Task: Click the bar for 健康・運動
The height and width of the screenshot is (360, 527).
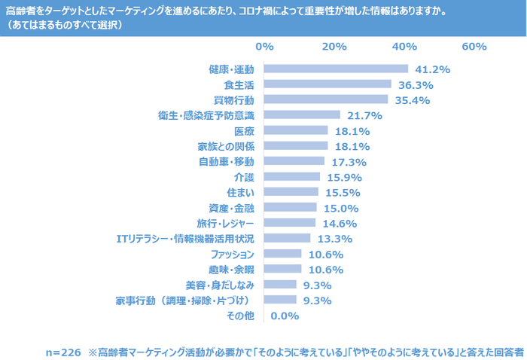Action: point(336,69)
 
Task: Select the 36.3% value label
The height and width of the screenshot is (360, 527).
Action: point(416,84)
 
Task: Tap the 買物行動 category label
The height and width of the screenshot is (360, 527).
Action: point(234,99)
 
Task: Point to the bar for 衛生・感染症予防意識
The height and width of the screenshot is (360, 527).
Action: point(302,115)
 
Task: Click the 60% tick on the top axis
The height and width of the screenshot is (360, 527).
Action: point(474,47)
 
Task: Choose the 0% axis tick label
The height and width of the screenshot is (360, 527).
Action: point(264,47)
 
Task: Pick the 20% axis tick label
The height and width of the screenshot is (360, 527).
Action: point(334,47)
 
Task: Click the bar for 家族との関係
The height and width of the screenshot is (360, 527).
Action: point(296,146)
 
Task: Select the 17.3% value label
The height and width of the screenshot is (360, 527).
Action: point(349,162)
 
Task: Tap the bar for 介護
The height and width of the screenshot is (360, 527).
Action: point(292,177)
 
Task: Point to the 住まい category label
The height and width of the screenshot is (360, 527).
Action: point(239,193)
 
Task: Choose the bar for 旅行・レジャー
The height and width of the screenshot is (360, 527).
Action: point(290,224)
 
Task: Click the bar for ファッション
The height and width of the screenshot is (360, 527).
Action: point(283,255)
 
